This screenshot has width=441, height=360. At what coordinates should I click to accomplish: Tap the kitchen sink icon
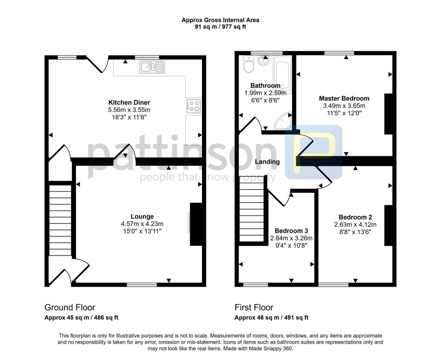pos(152,67)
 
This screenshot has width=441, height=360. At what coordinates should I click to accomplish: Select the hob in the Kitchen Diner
pos(193,106)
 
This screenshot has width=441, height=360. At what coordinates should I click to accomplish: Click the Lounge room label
pos(142,216)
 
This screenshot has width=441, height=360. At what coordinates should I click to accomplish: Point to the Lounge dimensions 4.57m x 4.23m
pos(142,224)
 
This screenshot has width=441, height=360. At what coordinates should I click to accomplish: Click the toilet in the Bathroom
pos(248,66)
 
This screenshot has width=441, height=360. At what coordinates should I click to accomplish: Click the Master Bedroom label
pos(344,98)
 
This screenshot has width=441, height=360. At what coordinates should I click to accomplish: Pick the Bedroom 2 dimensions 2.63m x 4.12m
pos(355,225)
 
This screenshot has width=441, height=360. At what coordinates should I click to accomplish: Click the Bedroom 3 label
pos(291,231)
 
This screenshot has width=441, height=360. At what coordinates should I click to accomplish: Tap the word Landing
pos(267,162)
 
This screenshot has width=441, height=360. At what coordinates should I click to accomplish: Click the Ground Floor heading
pos(70,307)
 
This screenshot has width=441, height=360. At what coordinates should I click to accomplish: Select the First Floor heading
pos(254,307)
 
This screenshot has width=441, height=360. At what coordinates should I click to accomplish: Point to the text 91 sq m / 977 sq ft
pos(220,27)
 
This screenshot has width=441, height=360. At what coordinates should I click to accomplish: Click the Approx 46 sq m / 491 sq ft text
pos(271,318)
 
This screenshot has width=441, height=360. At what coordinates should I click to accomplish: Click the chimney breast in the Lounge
pos(196,224)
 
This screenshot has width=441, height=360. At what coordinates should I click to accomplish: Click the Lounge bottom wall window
pos(142,285)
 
